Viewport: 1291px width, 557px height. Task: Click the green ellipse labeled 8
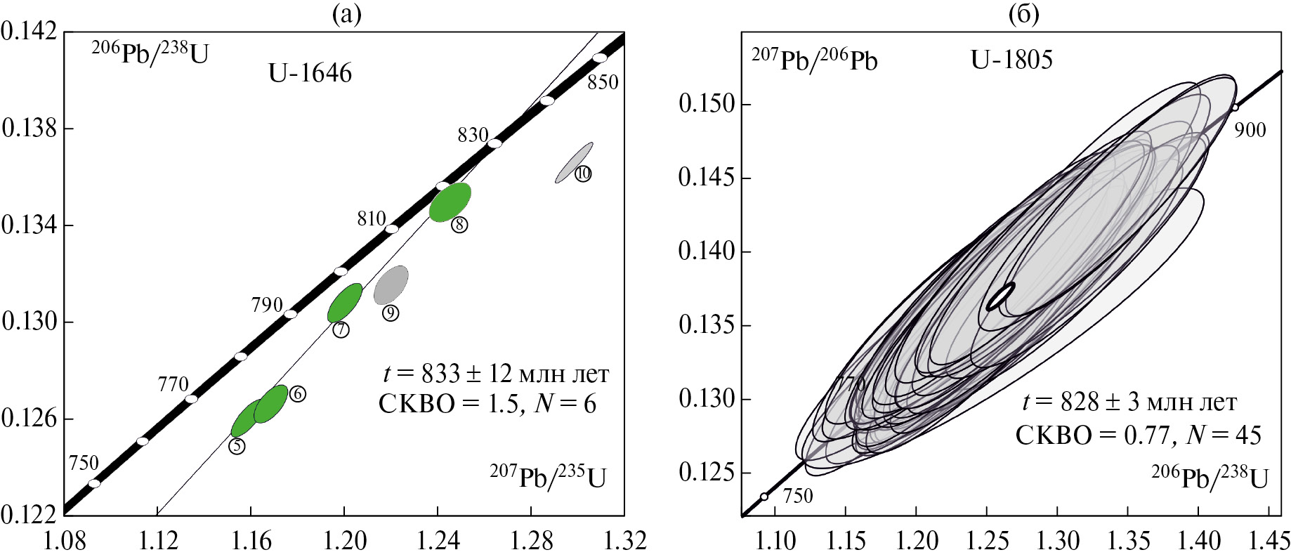click(x=450, y=202)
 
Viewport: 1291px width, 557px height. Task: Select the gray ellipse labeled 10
click(x=575, y=162)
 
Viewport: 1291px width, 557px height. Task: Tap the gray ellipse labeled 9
click(x=391, y=284)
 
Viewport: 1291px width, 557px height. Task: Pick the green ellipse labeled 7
click(x=345, y=303)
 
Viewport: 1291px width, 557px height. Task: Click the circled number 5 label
click(x=237, y=446)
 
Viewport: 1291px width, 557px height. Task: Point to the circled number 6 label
click(x=297, y=394)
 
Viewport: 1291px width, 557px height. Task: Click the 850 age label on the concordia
click(x=603, y=82)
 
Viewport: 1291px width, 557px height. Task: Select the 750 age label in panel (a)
click(x=84, y=463)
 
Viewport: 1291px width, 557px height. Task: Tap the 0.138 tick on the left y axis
click(x=29, y=129)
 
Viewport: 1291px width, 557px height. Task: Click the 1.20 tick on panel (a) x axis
click(x=344, y=541)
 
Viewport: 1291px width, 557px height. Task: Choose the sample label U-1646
click(x=310, y=73)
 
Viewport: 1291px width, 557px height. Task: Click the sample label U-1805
click(x=1011, y=60)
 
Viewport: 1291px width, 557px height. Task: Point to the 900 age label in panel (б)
click(x=1250, y=130)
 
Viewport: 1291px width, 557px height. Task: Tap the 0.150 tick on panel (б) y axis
click(x=706, y=104)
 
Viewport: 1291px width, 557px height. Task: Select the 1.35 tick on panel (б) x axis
click(x=1129, y=541)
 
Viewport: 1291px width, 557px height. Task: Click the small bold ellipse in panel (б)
click(x=1001, y=296)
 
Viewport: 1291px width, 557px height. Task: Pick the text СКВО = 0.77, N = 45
click(x=1138, y=435)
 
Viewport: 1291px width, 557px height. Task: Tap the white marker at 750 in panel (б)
click(x=764, y=497)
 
